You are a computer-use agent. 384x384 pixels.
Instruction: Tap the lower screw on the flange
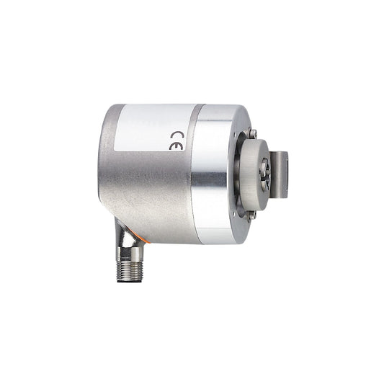[x=252, y=214]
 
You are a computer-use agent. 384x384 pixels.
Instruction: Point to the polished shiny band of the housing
[x=215, y=173]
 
